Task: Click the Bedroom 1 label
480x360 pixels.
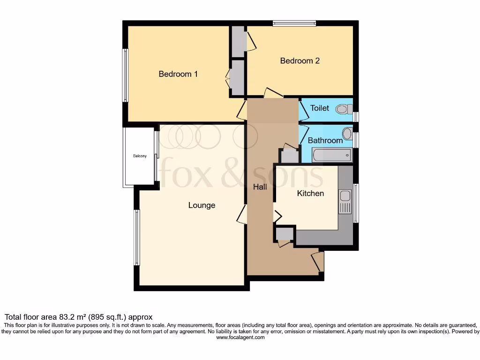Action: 178,74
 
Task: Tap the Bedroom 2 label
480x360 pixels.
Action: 300,60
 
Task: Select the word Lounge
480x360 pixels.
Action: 202,205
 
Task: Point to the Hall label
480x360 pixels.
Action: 260,187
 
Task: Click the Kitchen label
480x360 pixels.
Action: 310,193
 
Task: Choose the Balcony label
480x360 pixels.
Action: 140,156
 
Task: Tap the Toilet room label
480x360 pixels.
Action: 320,108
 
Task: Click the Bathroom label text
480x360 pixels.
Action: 325,140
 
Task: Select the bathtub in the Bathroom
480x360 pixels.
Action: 332,155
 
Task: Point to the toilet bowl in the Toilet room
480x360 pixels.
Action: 344,109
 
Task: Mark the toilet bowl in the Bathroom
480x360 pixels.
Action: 347,134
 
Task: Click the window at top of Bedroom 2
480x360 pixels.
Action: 295,23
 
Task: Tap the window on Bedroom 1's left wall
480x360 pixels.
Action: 125,75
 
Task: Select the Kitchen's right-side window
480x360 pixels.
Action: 356,203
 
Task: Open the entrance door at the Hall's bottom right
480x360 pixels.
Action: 318,262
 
